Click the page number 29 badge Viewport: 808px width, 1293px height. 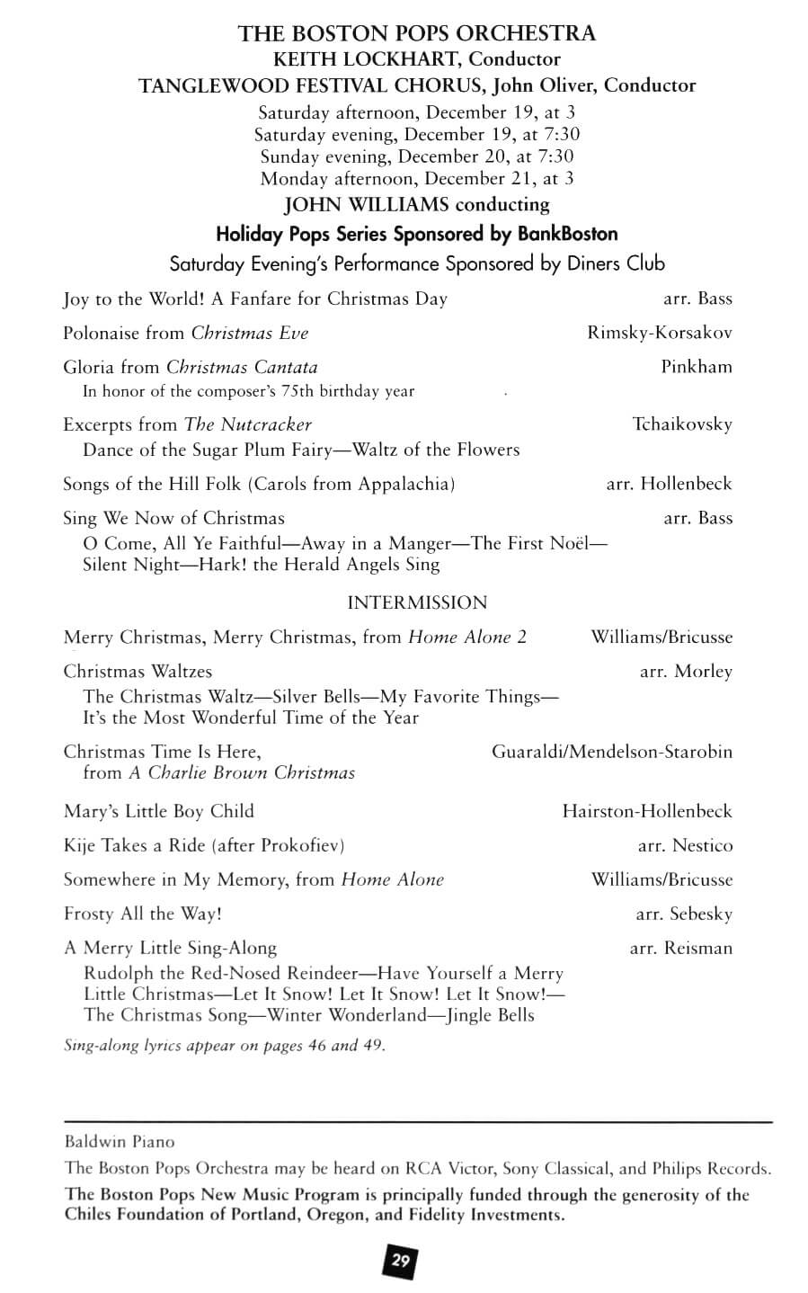pyautogui.click(x=401, y=1261)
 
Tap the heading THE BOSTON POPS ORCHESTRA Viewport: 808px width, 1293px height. pyautogui.click(x=416, y=34)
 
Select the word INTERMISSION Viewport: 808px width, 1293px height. pyautogui.click(x=417, y=602)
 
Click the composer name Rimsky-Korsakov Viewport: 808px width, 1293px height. pyautogui.click(x=660, y=333)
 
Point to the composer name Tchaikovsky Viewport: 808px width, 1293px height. pyautogui.click(x=682, y=424)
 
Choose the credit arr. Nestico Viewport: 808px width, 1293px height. pyautogui.click(x=685, y=845)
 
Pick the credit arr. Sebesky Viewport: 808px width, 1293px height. pyautogui.click(x=684, y=914)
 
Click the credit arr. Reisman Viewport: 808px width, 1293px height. pyautogui.click(x=681, y=948)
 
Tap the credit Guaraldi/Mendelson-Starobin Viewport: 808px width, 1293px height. pyautogui.click(x=611, y=751)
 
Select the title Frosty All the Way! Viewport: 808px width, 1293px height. pyautogui.click(x=142, y=914)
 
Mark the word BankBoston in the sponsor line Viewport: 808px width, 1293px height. pyautogui.click(x=567, y=234)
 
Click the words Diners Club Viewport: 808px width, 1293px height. pyautogui.click(x=616, y=263)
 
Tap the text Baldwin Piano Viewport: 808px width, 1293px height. pyautogui.click(x=120, y=1142)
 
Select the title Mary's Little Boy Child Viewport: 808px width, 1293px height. pyautogui.click(x=158, y=811)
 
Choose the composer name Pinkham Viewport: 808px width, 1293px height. pyautogui.click(x=697, y=367)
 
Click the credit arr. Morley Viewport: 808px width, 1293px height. pyautogui.click(x=686, y=671)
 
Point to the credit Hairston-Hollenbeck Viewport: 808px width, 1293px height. pyautogui.click(x=647, y=811)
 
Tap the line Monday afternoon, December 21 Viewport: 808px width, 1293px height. pyautogui.click(x=416, y=178)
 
